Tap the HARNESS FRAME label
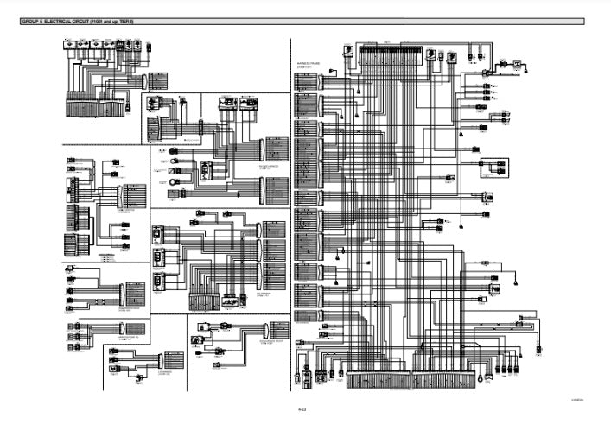[309, 61]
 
